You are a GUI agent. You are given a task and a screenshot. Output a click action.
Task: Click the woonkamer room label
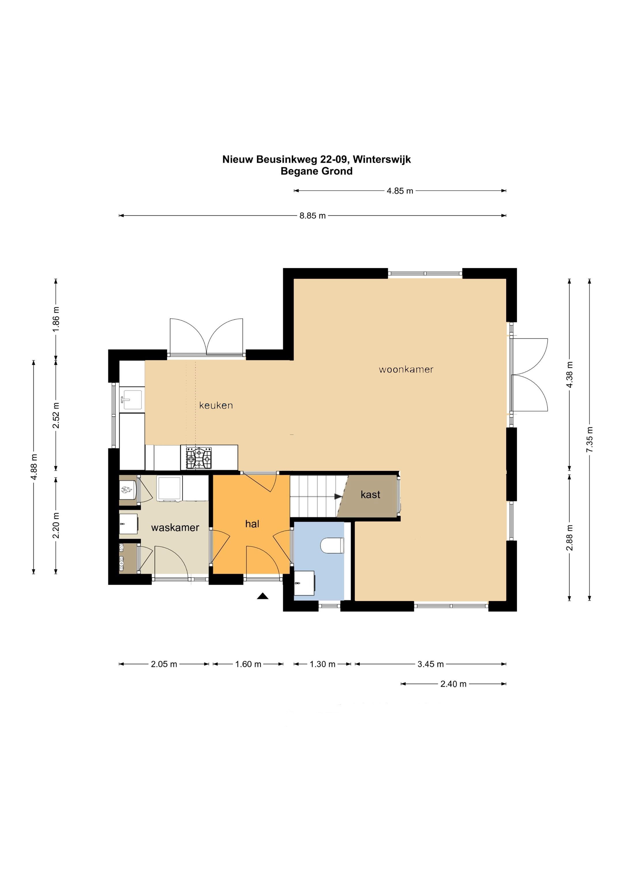click(x=406, y=370)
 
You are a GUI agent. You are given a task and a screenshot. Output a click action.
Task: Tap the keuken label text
click(x=216, y=405)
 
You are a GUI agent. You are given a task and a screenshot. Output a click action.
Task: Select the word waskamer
click(x=175, y=527)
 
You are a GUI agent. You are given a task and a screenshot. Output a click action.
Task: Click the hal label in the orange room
click(x=252, y=524)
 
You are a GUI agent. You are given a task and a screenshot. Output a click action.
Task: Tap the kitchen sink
click(x=131, y=400)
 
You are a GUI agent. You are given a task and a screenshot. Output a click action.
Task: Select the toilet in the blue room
click(x=333, y=545)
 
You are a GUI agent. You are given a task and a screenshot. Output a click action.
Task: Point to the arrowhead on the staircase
click(x=338, y=496)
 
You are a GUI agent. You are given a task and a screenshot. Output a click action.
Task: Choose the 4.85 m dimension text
click(x=400, y=191)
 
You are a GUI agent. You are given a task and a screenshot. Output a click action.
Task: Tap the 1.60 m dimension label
click(x=248, y=664)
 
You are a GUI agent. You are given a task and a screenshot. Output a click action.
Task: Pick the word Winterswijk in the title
click(x=382, y=159)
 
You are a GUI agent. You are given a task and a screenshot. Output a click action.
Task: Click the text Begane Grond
click(x=317, y=171)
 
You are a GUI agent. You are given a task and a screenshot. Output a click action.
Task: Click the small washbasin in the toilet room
click(x=304, y=583)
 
